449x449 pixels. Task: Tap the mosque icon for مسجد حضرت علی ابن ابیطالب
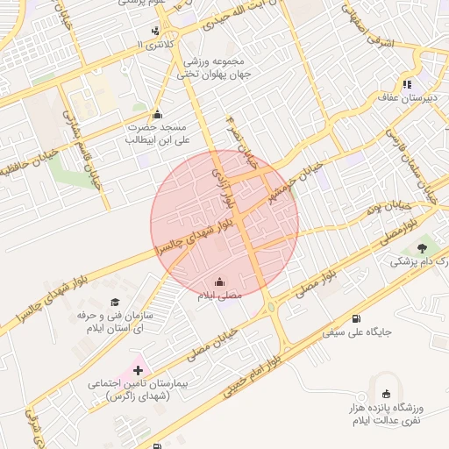point(157,113)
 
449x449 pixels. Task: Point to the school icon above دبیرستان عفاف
point(408,85)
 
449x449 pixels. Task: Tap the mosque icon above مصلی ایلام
point(219,282)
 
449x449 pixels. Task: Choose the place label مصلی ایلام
point(219,296)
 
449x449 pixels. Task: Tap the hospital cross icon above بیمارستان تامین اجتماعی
point(138,371)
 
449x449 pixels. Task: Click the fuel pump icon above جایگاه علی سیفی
point(355,319)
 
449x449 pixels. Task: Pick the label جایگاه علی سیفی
point(356,333)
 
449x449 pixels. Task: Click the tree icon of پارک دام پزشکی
point(424,248)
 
